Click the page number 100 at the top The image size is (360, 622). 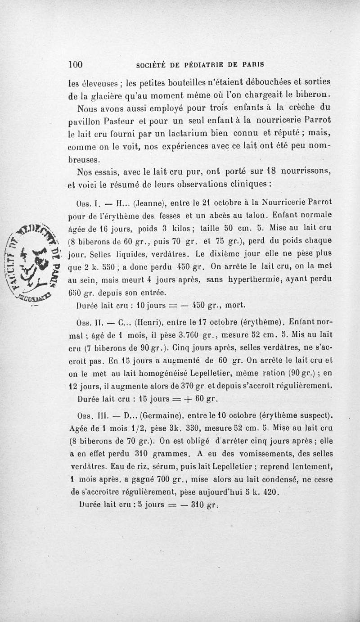point(76,64)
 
